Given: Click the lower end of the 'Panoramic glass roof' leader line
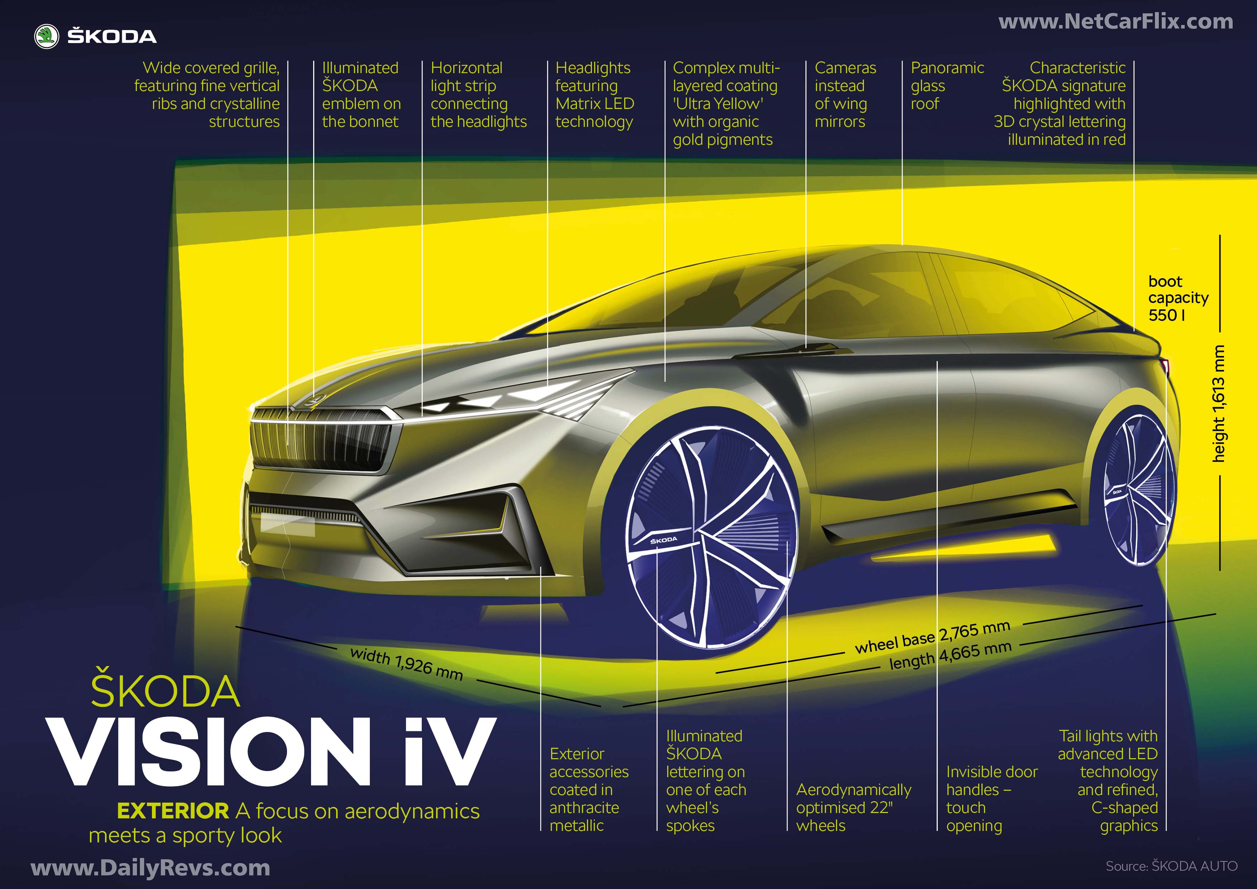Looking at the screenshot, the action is (x=902, y=244).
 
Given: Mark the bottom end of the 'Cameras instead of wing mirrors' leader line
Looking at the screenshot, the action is (x=806, y=348).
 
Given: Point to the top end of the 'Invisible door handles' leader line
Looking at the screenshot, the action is (x=937, y=362).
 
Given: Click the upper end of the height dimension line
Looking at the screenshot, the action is (x=1220, y=236).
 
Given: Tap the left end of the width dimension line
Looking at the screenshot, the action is (x=236, y=626).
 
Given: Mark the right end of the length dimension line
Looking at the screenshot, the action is (x=1216, y=614).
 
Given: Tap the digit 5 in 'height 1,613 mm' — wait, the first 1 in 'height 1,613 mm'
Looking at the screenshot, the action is (x=1219, y=410).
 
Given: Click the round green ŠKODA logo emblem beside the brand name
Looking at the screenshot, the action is (x=47, y=37).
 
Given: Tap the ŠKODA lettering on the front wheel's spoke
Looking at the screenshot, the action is (x=664, y=540).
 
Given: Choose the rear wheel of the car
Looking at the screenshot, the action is (x=1139, y=489).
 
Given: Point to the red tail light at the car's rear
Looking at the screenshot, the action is (x=1166, y=367).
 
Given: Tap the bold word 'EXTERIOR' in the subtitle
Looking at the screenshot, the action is (x=173, y=810).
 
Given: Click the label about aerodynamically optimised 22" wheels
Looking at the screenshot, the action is (x=854, y=807).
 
